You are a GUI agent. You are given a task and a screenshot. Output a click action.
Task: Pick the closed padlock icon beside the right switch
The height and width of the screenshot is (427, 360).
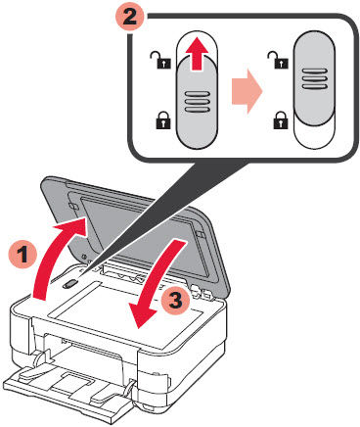pos(283,122)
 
